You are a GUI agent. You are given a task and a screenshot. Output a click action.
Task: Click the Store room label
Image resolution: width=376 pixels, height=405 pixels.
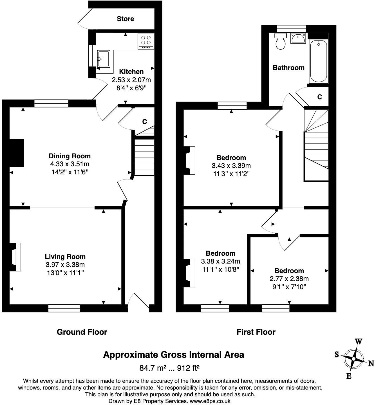pyautogui.click(x=125, y=19)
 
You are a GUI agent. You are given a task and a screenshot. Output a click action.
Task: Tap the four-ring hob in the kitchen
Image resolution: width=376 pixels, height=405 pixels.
pyautogui.click(x=146, y=41)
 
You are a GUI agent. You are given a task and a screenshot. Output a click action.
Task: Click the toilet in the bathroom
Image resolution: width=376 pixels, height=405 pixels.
pyautogui.click(x=280, y=42)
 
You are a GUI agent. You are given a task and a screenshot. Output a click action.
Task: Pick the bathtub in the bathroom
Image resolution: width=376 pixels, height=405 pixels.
pyautogui.click(x=319, y=62)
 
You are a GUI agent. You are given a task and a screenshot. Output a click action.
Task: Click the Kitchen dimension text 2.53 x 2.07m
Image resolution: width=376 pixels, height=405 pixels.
pyautogui.click(x=131, y=80)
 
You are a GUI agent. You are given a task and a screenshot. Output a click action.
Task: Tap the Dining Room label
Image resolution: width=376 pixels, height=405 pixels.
pyautogui.click(x=70, y=156)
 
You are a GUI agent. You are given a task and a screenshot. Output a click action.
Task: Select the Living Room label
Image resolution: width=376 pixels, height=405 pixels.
pyautogui.click(x=65, y=257)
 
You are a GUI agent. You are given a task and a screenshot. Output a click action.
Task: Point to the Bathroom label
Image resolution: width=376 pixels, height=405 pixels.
pyautogui.click(x=288, y=68)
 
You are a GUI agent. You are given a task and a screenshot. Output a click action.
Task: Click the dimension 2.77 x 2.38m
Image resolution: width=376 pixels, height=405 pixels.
pyautogui.click(x=289, y=279)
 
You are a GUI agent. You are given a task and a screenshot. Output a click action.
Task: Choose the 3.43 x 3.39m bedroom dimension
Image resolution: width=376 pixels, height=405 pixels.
pyautogui.click(x=231, y=166)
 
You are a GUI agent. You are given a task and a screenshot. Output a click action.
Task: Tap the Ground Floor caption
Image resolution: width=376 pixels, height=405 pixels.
pyautogui.click(x=82, y=332)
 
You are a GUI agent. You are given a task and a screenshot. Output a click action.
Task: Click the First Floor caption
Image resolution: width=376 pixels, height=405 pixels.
pyautogui.click(x=256, y=332)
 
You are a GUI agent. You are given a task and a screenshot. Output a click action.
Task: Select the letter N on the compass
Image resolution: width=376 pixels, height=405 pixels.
pyautogui.click(x=371, y=363)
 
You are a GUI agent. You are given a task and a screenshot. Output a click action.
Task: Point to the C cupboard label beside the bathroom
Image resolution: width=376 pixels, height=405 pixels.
pyautogui.click(x=319, y=97)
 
